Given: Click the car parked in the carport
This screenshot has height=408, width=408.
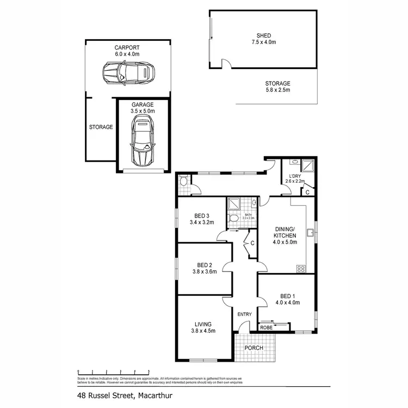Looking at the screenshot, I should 129,71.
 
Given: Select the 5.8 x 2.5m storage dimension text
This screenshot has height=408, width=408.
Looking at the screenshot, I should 277,90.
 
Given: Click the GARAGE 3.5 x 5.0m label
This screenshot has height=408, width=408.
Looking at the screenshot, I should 143,107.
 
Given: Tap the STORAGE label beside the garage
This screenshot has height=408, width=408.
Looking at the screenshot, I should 101,127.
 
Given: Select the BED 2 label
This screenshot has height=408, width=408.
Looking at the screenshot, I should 204,265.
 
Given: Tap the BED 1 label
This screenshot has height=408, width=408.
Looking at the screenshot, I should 286,295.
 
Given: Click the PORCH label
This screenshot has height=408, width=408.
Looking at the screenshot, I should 254,348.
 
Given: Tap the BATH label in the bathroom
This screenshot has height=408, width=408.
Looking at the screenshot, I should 249,215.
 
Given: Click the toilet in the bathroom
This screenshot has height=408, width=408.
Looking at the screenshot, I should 233,218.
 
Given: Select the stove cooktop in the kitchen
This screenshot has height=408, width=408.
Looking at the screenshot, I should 301,268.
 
